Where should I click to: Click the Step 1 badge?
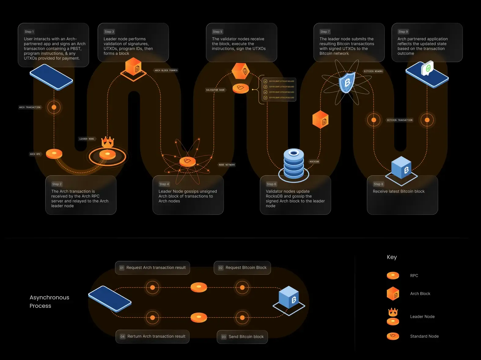pos(29,32)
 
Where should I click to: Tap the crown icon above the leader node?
pos(108,142)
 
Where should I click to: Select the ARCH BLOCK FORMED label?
pos(166,70)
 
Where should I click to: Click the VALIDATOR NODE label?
pos(215,90)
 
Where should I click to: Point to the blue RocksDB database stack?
pos(294,163)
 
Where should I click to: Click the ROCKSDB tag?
pos(314,162)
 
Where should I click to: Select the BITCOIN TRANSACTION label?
pos(400,120)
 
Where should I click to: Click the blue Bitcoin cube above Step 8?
pos(402,168)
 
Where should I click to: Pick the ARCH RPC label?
pos(35,154)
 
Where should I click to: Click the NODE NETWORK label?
pos(227,165)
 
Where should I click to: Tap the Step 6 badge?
pos(271,184)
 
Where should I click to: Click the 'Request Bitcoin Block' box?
pos(242,268)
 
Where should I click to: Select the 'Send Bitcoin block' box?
pos(242,337)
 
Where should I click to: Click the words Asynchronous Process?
pos(49,302)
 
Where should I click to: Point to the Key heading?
pos(392,257)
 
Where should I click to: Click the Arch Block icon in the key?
pos(393,294)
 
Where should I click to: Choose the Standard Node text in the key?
pos(424,336)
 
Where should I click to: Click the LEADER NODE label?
pos(87,139)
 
